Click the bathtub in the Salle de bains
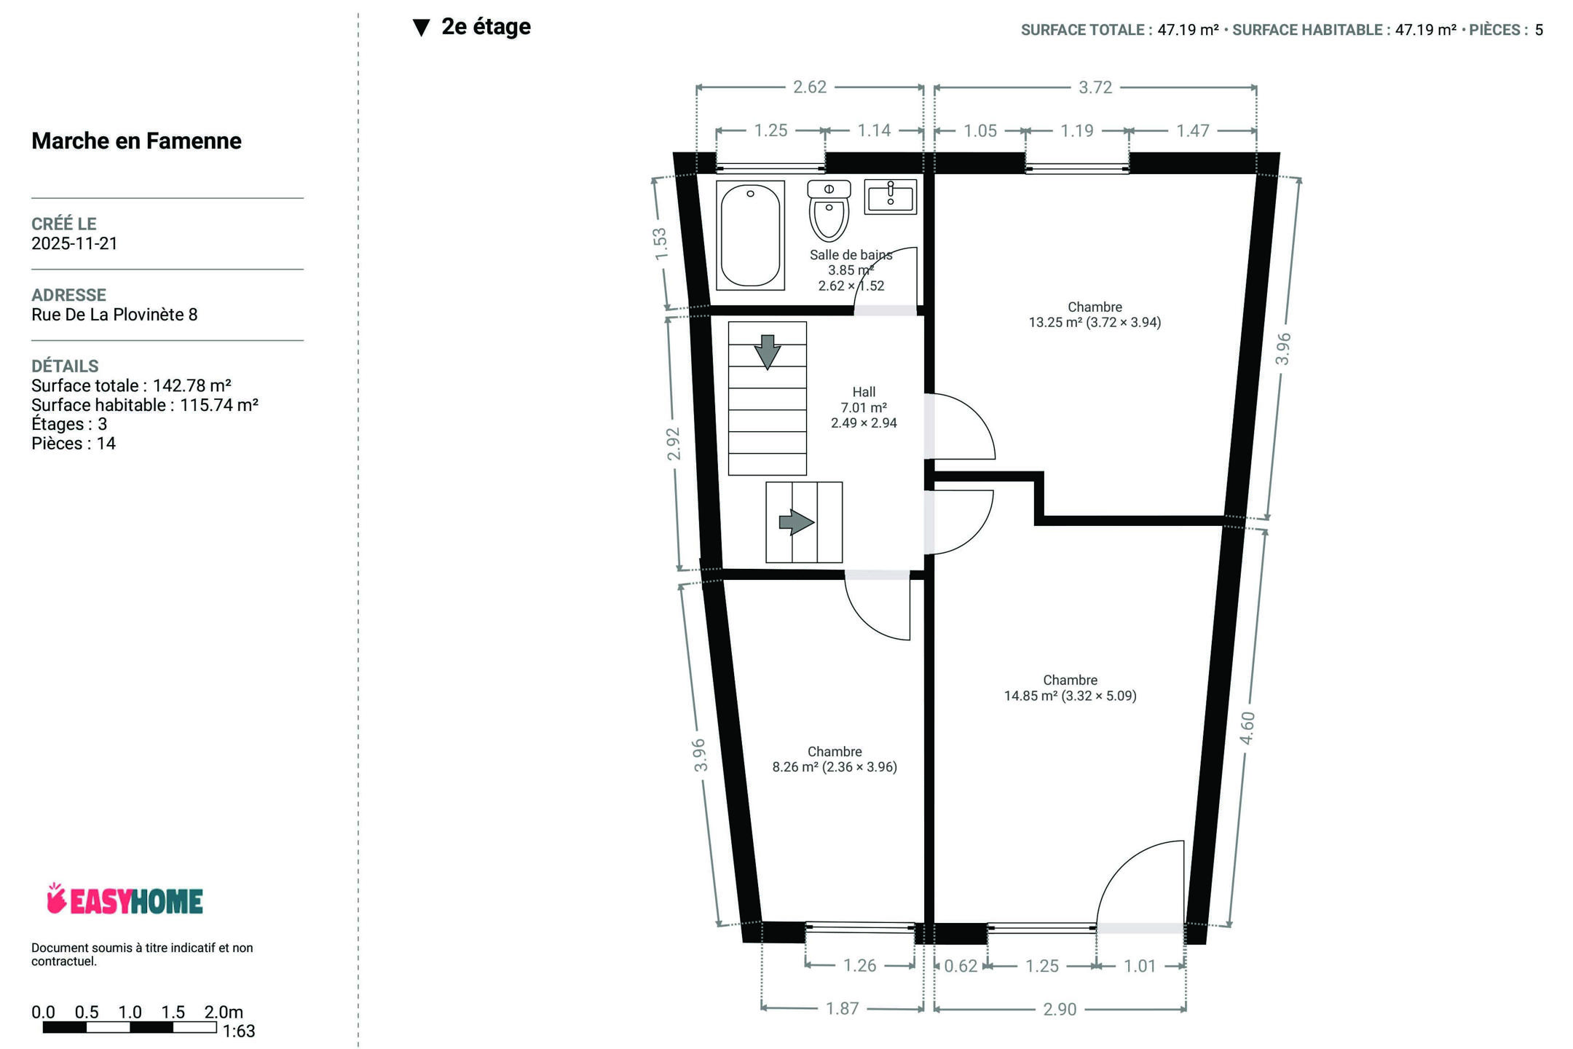(750, 235)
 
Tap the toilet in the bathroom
(829, 211)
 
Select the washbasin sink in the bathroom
(890, 197)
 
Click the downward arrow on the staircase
(767, 352)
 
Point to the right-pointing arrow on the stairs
(797, 522)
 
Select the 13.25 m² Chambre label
(1095, 315)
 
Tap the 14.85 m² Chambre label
(1070, 688)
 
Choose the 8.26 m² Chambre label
(835, 759)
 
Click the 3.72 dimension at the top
(1095, 87)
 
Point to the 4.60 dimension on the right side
(1247, 728)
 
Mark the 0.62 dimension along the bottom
(961, 966)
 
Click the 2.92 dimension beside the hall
(673, 444)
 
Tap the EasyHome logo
(125, 900)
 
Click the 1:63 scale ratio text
(239, 1032)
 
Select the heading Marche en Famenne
(136, 141)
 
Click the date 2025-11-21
(74, 243)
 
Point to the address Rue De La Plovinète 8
(114, 315)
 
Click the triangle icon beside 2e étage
(421, 28)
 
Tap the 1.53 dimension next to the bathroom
(660, 244)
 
